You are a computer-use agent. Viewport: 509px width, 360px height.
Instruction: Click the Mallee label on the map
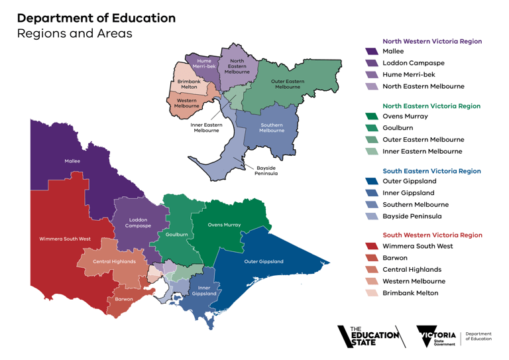coord(72,161)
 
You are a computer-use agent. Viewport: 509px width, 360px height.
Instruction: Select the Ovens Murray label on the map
coord(224,225)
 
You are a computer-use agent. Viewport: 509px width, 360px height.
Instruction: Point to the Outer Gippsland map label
coord(264,261)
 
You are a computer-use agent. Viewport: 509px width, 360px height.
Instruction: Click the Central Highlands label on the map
coord(114,261)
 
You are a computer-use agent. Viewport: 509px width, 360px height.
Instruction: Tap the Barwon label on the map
coord(125,299)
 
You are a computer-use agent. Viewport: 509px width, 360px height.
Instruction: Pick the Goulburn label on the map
coord(177,235)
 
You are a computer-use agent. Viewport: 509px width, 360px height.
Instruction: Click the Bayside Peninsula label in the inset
coord(266,171)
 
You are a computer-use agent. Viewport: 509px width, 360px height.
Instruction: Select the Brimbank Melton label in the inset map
coord(189,84)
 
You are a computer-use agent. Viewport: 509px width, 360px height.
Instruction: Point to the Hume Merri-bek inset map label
coord(204,64)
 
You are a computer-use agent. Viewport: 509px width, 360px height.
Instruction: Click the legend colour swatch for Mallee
coord(371,51)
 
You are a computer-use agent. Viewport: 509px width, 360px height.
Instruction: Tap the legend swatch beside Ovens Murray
coord(371,117)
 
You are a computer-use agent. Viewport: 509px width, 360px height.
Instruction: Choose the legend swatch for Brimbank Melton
coord(371,293)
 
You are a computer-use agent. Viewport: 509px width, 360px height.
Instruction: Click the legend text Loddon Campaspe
coord(414,63)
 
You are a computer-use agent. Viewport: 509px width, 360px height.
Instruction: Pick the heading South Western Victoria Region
coord(432,235)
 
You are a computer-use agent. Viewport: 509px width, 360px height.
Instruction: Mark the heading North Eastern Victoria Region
coord(431,105)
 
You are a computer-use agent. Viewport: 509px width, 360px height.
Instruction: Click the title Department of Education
coord(96,18)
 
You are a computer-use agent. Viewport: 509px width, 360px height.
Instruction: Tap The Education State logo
coord(370,337)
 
